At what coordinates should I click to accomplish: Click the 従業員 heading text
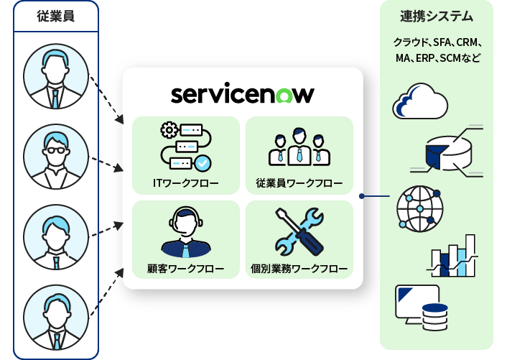[x=56, y=16]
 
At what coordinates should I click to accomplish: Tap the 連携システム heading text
[x=437, y=16]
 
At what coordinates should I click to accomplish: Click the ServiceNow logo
[x=243, y=95]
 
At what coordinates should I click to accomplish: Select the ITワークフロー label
[x=185, y=183]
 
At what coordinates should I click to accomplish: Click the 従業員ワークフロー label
[x=299, y=183]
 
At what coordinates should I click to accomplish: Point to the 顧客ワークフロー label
[x=185, y=269]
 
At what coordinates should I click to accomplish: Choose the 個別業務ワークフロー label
[x=299, y=269]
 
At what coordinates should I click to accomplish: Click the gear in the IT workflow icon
[x=169, y=130]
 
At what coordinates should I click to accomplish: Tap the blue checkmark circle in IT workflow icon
[x=203, y=162]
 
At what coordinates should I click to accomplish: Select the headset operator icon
[x=186, y=232]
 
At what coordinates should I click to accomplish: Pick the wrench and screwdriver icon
[x=299, y=231]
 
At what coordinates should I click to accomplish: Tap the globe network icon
[x=420, y=208]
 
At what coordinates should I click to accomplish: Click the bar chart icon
[x=452, y=256]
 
